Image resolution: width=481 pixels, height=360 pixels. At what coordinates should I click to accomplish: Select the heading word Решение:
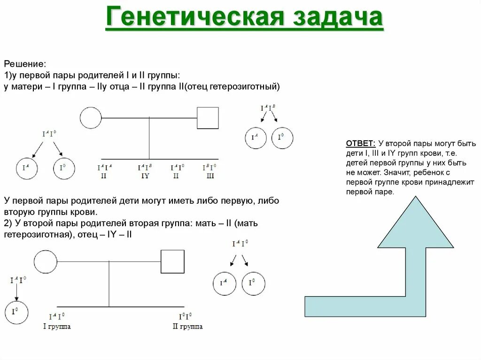pos(25,63)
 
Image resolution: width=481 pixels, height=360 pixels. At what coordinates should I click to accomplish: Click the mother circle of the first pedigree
pos(91,118)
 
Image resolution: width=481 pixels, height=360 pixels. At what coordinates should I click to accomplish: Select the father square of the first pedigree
pos(208,118)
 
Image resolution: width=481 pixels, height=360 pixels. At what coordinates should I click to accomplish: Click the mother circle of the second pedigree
pos(46,261)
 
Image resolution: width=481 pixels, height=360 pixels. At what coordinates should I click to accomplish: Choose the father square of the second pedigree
pos(172,261)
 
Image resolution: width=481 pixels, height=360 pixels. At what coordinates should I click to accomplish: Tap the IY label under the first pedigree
pos(145,176)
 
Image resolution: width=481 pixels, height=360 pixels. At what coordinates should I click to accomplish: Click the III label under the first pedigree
pos(209,176)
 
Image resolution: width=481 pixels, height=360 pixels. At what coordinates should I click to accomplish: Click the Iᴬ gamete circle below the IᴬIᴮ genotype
pos(256,138)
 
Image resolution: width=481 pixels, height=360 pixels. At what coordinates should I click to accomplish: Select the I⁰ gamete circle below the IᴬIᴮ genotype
pos(280,138)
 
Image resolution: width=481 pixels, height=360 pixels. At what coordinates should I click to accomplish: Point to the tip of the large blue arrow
pos(412,198)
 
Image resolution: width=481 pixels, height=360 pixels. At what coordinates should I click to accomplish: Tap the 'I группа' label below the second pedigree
pos(57,326)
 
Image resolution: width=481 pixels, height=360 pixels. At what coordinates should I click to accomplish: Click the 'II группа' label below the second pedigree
pos(188,326)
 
